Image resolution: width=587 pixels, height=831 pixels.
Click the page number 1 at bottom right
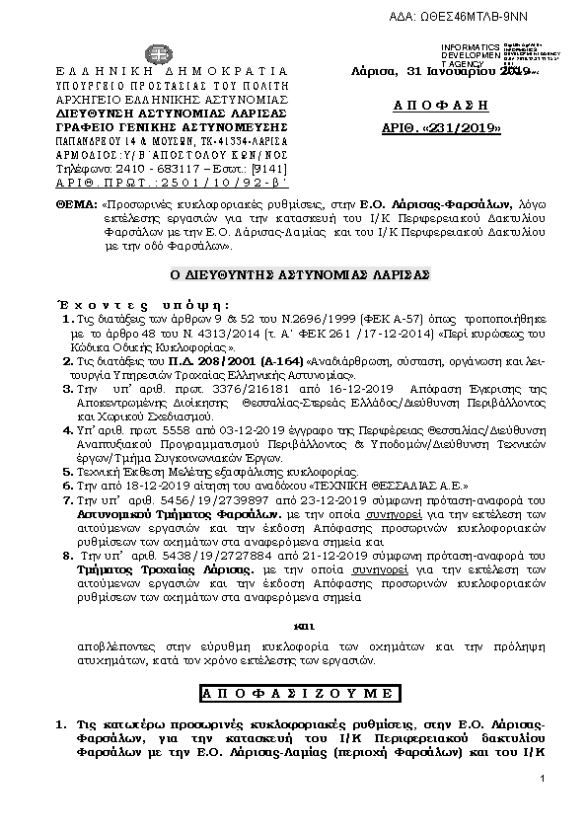point(543,780)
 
